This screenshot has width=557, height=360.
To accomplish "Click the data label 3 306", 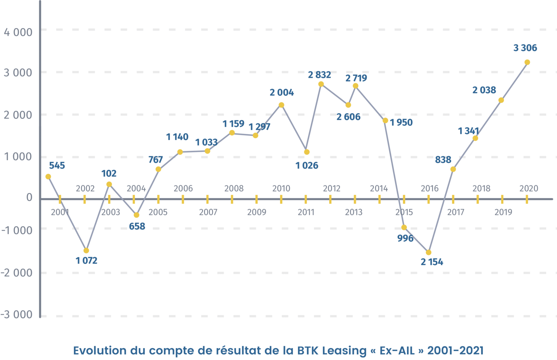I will [525, 48].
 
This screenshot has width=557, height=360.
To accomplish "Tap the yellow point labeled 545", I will [48, 177].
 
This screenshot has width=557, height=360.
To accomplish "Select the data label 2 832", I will [319, 75].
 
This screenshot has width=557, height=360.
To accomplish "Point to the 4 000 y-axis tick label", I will [18, 32].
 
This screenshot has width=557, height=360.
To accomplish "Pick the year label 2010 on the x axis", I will [281, 189].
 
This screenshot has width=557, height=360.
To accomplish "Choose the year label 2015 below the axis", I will [404, 212].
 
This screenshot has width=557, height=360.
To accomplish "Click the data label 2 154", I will [432, 262].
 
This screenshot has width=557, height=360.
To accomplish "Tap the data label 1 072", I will [87, 261].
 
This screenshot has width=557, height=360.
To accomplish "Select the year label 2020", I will [529, 189].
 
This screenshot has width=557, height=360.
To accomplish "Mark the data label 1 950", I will [401, 123].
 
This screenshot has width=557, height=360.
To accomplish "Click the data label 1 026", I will [307, 166].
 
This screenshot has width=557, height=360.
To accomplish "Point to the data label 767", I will [156, 160].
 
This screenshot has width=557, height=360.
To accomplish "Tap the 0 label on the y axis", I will [29, 198].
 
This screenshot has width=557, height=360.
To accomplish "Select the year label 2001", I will [60, 212].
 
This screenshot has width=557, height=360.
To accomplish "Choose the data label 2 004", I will [282, 92].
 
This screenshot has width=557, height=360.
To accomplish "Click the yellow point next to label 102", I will [109, 184].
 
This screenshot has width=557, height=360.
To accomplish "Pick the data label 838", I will [443, 160].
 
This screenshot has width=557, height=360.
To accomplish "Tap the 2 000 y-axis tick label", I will [18, 115].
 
